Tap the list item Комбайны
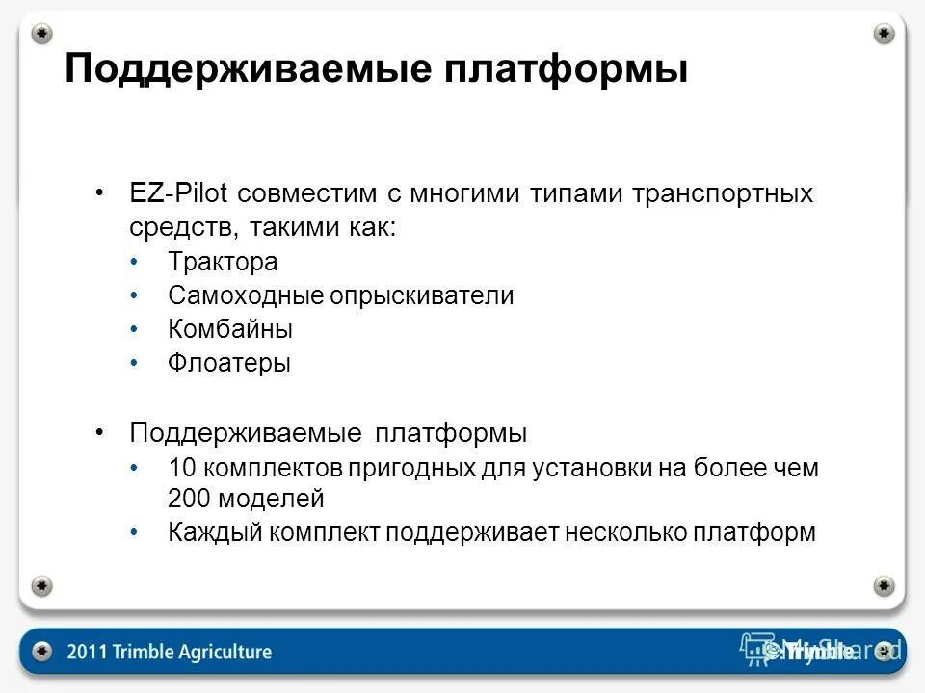(230, 329)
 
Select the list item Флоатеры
(228, 364)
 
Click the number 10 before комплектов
(181, 469)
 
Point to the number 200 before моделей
(187, 499)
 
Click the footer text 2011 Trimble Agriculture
(170, 652)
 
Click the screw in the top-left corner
(41, 33)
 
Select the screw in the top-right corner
(884, 33)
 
